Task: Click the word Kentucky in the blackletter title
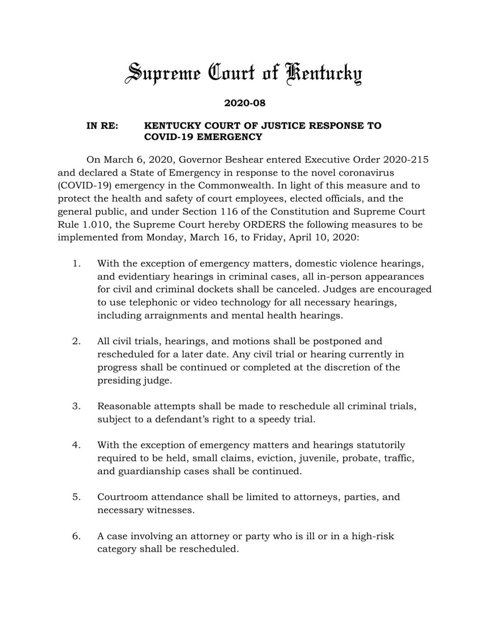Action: click(324, 74)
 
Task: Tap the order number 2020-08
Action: click(245, 104)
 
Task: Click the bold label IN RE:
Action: click(102, 126)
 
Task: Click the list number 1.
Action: click(76, 264)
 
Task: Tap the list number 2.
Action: click(76, 342)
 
